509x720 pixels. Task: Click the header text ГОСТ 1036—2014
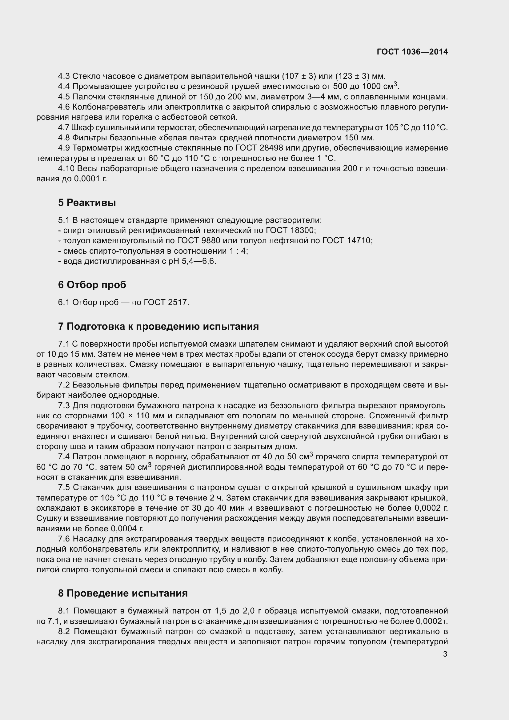coord(412,52)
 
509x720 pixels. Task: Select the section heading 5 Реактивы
coord(87,203)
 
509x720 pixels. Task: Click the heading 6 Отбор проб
coord(92,285)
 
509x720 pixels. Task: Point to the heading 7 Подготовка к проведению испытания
coord(158,326)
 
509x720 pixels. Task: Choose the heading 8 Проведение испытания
coord(123,593)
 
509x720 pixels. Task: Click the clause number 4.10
coord(66,169)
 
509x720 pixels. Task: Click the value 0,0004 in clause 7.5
coord(125,529)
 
